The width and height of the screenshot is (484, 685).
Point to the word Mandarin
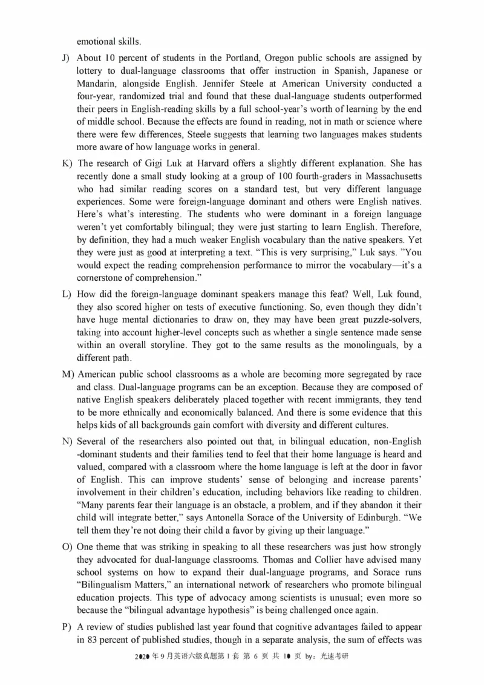[x=96, y=84]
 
